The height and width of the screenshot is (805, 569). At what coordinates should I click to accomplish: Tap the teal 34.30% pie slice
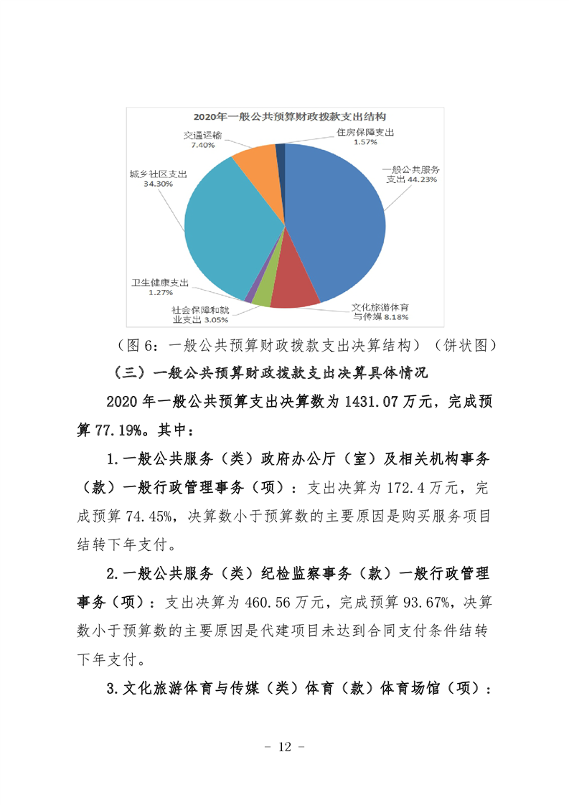(230, 222)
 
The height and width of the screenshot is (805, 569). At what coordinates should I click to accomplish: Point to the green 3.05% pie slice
(262, 294)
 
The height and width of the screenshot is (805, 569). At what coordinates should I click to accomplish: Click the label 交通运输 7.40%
(202, 139)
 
